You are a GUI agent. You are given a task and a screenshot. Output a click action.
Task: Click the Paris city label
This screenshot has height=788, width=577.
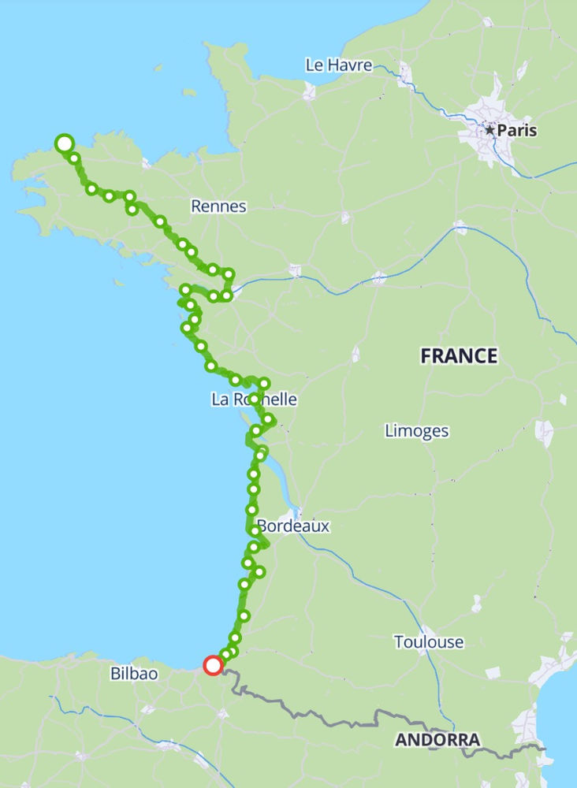(x=516, y=130)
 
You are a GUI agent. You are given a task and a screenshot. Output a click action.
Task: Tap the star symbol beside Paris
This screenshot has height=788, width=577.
(x=490, y=130)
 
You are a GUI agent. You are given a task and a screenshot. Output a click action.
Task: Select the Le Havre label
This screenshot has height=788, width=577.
(x=339, y=65)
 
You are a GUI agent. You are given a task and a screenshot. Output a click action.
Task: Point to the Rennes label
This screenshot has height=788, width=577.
(x=218, y=206)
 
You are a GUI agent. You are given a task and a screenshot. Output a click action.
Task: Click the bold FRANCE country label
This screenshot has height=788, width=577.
(x=459, y=356)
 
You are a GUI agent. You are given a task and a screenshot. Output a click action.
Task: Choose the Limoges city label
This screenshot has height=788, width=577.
(x=417, y=431)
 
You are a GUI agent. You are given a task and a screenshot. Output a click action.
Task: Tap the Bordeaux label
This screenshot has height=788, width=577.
(x=293, y=526)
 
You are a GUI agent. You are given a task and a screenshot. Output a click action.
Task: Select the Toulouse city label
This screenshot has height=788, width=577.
(x=429, y=642)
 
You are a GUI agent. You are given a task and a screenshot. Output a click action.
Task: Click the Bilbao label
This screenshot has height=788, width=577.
(x=134, y=674)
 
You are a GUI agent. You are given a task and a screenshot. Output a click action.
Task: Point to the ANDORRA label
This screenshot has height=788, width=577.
(x=437, y=740)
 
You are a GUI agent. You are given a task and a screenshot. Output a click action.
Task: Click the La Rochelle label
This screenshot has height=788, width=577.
(x=254, y=400)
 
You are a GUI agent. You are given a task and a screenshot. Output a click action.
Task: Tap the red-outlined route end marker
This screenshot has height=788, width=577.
(x=213, y=666)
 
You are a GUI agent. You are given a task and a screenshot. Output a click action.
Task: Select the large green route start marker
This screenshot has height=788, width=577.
(x=65, y=143)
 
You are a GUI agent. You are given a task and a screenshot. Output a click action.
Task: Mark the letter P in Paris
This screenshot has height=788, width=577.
(x=501, y=130)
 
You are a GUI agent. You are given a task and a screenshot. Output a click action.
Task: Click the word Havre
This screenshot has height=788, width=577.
(x=351, y=65)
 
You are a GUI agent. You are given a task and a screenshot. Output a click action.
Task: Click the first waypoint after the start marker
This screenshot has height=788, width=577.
(x=75, y=158)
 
